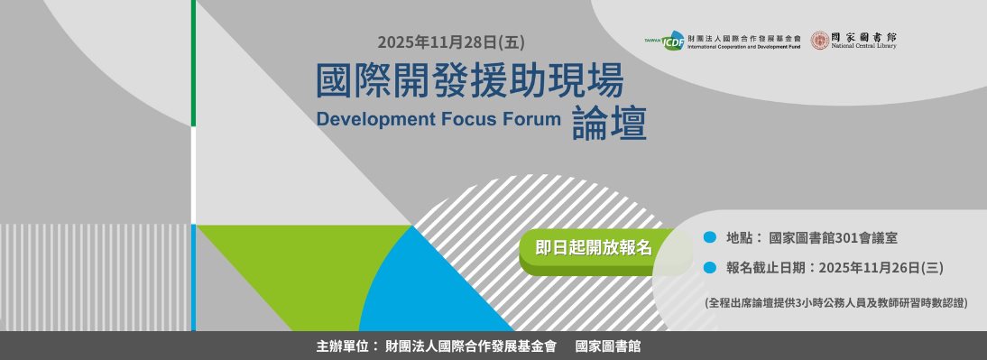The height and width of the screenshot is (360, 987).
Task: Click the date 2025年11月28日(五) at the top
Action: click(450, 42)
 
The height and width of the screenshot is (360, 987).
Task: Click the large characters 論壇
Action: click(609, 125)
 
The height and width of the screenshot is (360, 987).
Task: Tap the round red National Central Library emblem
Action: click(819, 40)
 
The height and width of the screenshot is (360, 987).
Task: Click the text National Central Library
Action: click(864, 45)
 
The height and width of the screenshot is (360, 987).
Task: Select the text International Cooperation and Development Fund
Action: click(743, 46)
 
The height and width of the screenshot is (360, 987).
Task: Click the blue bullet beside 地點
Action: click(710, 237)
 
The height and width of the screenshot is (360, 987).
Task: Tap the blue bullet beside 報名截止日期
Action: click(710, 267)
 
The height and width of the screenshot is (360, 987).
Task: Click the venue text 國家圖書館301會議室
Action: click(833, 238)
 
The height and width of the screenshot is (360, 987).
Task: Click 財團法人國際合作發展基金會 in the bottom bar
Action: click(470, 346)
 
